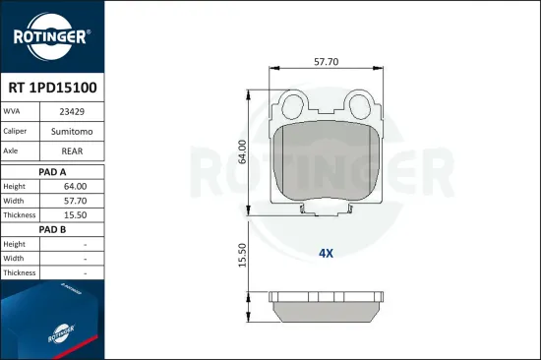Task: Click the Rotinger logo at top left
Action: [50, 37]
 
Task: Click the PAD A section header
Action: [51, 170]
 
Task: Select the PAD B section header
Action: [51, 228]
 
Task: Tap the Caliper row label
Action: [17, 130]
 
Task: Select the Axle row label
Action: [14, 151]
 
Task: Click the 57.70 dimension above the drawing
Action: [326, 61]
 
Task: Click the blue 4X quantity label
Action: [326, 253]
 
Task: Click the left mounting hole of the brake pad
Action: [291, 101]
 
